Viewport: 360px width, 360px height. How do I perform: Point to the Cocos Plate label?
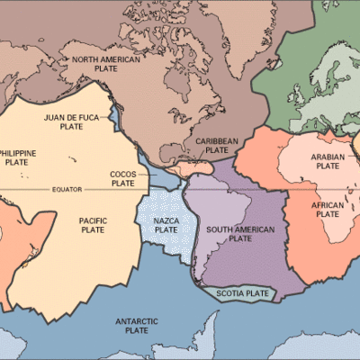click(122, 178)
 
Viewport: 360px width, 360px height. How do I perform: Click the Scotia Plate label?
click(245, 293)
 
